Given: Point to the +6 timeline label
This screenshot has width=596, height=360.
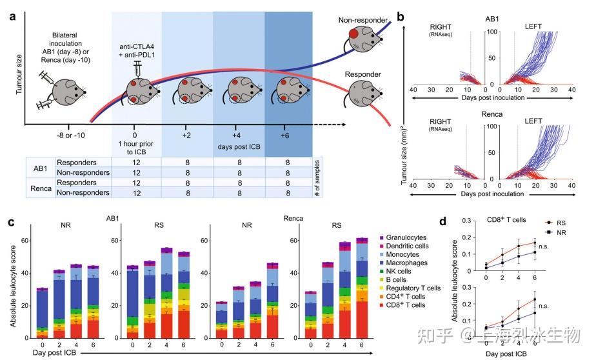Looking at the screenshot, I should tap(284, 137).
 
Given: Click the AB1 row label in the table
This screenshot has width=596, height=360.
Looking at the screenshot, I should tap(40, 170).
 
